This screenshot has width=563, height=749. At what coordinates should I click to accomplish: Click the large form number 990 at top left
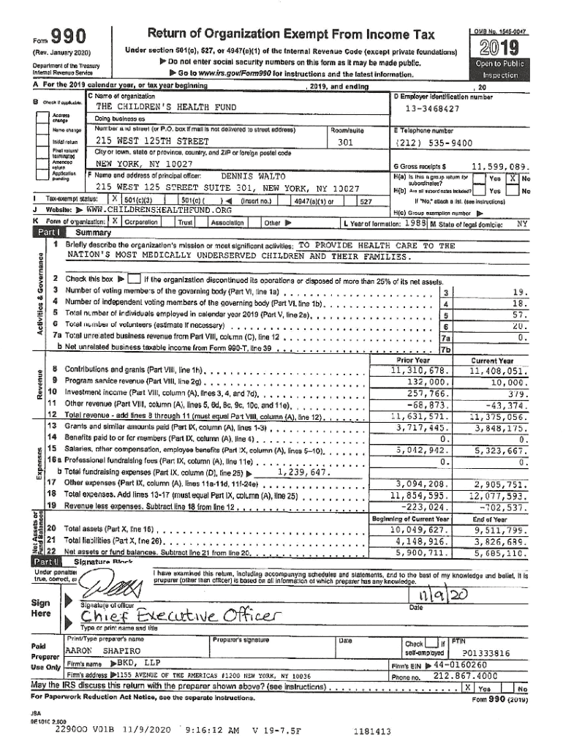tap(66, 37)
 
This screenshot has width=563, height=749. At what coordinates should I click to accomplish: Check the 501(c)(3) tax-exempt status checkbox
tap(115, 200)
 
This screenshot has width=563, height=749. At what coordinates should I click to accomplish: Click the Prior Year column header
tap(413, 360)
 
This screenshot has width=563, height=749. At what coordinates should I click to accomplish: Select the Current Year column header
tap(493, 360)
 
